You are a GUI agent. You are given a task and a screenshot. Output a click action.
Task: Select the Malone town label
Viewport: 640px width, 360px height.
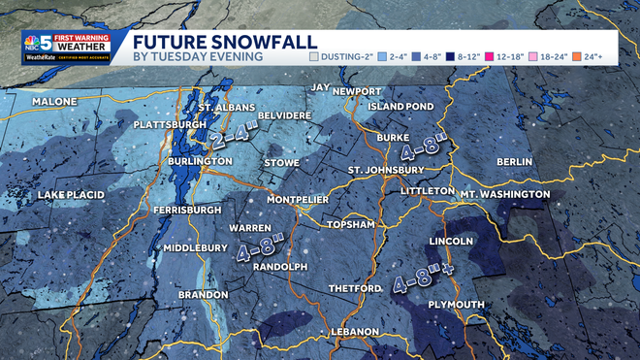[x=54, y=102]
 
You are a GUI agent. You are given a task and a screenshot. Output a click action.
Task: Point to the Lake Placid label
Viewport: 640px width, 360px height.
[x=71, y=195]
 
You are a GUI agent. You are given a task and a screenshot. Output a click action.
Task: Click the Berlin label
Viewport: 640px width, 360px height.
[x=514, y=160]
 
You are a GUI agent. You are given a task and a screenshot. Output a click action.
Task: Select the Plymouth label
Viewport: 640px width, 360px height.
[x=457, y=305]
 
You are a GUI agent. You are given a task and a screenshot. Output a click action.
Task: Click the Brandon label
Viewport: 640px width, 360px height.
[x=203, y=294]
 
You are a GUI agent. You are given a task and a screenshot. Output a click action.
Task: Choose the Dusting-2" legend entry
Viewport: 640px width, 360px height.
[x=342, y=57]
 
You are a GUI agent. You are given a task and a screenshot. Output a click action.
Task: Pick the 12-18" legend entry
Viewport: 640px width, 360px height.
[x=509, y=57]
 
